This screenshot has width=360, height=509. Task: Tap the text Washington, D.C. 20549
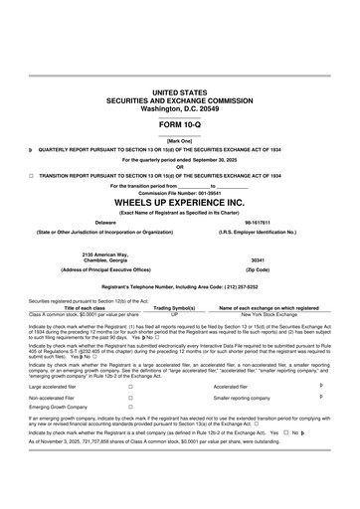click(x=179, y=106)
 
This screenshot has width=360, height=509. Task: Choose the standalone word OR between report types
click(x=179, y=166)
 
